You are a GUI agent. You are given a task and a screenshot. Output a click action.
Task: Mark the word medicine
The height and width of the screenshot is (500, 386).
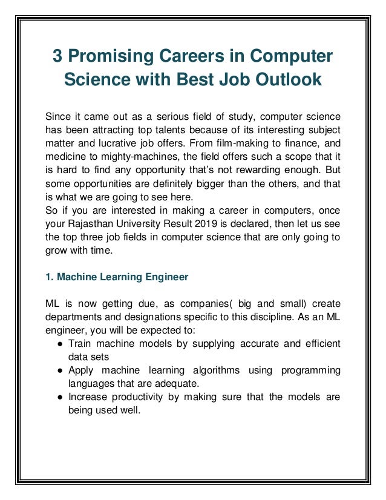click(x=65, y=158)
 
